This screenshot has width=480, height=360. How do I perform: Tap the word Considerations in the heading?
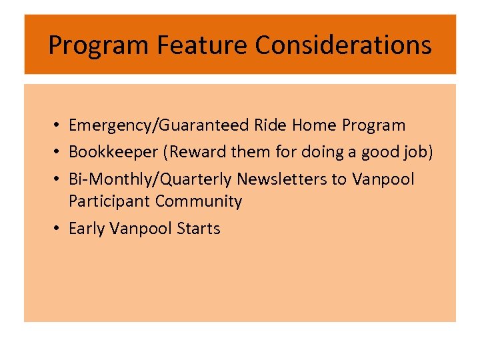point(343,45)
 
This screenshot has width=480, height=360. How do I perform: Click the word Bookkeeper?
point(112,153)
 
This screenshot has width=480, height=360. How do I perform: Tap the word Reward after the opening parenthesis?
point(198,153)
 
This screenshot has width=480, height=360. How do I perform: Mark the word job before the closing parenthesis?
point(415,153)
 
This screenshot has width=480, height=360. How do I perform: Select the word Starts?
point(199,229)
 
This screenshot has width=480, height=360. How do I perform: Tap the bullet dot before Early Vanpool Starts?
point(59,229)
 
